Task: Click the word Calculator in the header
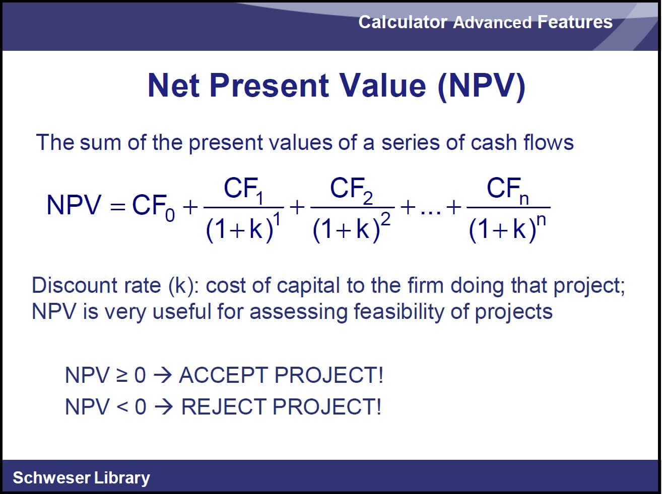click(x=403, y=22)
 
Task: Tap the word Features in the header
click(x=575, y=22)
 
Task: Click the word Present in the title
click(x=269, y=86)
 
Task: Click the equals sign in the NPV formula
click(x=117, y=207)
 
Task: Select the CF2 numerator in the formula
click(x=351, y=191)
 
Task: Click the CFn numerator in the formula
click(x=508, y=191)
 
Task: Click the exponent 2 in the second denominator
click(x=386, y=219)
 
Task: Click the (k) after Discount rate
click(x=180, y=285)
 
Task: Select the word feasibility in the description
click(x=399, y=311)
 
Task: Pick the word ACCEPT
click(x=224, y=375)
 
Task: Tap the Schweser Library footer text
click(x=82, y=478)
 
